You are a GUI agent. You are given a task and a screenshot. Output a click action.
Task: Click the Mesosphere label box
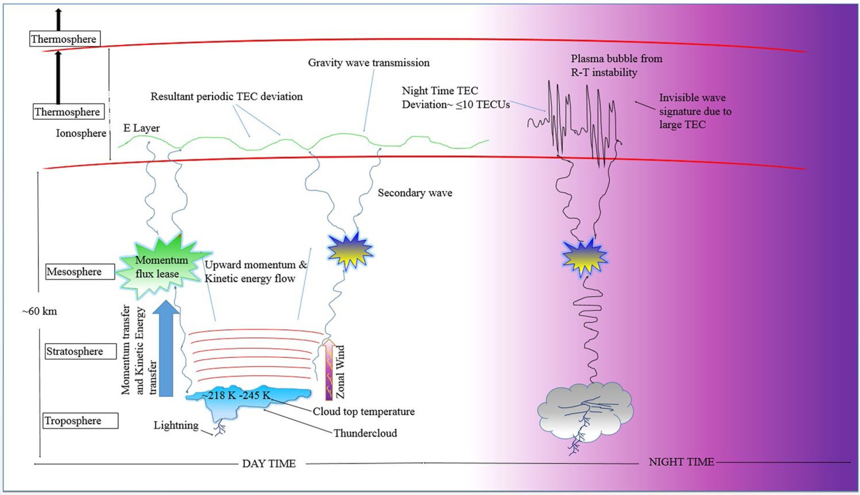pyautogui.click(x=80, y=272)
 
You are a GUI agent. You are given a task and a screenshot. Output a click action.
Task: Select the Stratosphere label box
pyautogui.click(x=81, y=351)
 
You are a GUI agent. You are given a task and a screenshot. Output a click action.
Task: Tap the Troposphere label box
pyautogui.click(x=81, y=421)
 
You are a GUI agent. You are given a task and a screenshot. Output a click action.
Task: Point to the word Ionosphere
pyautogui.click(x=81, y=133)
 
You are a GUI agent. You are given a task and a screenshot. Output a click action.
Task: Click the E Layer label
pyautogui.click(x=142, y=128)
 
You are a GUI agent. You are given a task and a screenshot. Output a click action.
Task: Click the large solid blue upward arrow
pyautogui.click(x=166, y=348)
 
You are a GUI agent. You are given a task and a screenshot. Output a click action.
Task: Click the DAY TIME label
pyautogui.click(x=269, y=464)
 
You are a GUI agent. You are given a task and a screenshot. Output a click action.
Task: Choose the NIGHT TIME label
pyautogui.click(x=681, y=462)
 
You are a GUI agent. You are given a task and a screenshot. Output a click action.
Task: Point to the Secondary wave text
pyautogui.click(x=415, y=193)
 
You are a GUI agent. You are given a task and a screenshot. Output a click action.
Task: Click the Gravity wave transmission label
pyautogui.click(x=368, y=63)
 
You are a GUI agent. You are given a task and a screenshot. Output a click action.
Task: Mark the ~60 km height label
pyautogui.click(x=40, y=311)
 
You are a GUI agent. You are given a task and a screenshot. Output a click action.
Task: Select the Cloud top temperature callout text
pyautogui.click(x=363, y=411)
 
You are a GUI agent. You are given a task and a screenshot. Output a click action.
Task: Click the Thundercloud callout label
pyautogui.click(x=365, y=433)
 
